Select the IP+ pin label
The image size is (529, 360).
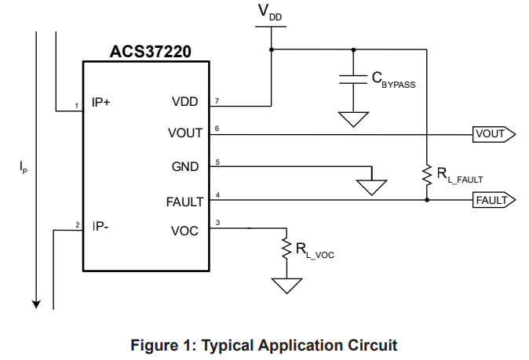pyautogui.click(x=101, y=101)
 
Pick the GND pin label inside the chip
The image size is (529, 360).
pyautogui.click(x=185, y=167)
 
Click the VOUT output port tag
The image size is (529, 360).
pyautogui.click(x=493, y=134)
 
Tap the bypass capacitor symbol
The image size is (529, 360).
pyautogui.click(x=354, y=78)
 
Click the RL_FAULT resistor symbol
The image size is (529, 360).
pyautogui.click(x=427, y=174)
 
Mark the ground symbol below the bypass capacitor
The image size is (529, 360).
pyautogui.click(x=354, y=119)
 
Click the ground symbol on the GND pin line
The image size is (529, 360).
pyautogui.click(x=371, y=187)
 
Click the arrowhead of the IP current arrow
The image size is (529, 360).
pyautogui.click(x=36, y=301)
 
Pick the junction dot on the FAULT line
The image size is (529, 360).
pyautogui.click(x=427, y=200)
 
